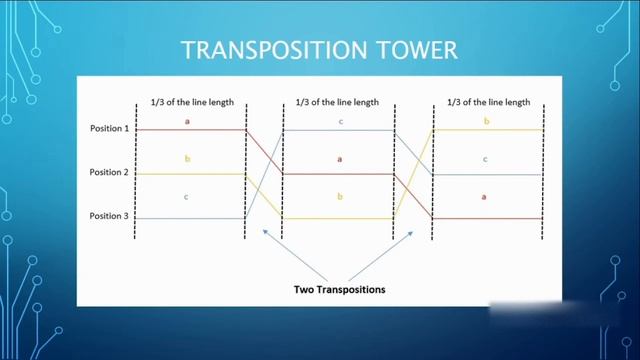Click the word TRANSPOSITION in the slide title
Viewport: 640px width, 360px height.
point(265,50)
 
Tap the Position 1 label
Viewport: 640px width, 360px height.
point(111,129)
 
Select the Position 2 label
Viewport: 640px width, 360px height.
point(111,174)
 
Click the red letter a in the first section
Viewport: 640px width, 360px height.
point(187,121)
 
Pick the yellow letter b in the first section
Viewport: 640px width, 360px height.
point(187,158)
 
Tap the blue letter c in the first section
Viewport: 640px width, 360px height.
point(187,197)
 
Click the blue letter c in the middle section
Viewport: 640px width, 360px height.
point(340,121)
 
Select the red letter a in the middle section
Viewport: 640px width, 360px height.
point(340,158)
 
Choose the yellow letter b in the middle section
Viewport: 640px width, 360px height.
point(340,197)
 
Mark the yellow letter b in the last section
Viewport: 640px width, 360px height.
point(486,121)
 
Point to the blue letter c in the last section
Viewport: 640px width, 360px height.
point(486,159)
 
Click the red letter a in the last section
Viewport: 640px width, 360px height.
point(486,197)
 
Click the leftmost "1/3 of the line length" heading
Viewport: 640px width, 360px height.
point(189,102)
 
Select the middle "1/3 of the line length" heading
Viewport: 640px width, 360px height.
point(337,102)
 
